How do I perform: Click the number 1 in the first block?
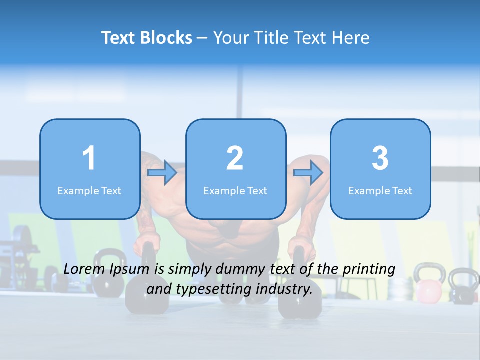[x=89, y=158]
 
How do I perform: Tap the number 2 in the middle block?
[x=235, y=158]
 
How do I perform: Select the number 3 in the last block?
[x=380, y=158]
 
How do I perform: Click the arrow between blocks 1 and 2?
[x=162, y=173]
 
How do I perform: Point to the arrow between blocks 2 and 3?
[x=308, y=173]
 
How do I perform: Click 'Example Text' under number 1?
[x=89, y=190]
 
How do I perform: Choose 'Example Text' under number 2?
[x=235, y=190]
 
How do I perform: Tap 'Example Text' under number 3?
[x=380, y=190]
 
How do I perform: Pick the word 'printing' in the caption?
[x=368, y=269]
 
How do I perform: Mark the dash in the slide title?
[x=202, y=38]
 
